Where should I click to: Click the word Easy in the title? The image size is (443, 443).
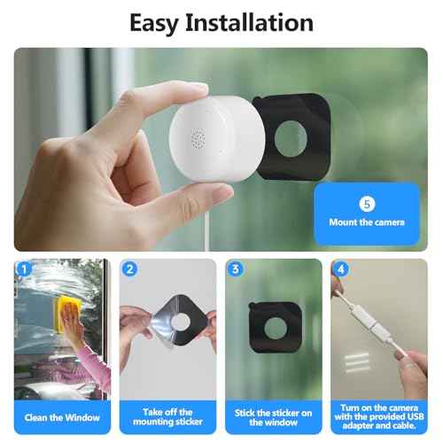pos(154,24)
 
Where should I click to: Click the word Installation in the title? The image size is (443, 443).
pos(249,22)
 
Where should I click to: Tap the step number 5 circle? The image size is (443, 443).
pos(367,204)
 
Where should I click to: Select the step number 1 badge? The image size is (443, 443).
pos(24,269)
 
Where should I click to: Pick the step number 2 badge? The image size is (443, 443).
pos(130,269)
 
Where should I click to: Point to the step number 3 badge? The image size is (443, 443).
pos(236,269)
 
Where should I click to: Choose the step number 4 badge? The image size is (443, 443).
pos(341,269)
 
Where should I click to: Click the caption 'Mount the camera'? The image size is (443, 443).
pos(367,222)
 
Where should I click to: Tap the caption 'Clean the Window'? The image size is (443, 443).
pos(62,417)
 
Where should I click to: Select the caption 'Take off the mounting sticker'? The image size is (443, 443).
pos(167,416)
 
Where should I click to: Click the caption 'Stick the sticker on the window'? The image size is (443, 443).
pos(273,417)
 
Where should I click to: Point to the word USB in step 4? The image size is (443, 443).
pos(414,416)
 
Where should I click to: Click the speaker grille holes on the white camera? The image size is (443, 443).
pos(198,138)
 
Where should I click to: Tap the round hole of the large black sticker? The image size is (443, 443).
pos(291,139)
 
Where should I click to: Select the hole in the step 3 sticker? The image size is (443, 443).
pos(276,328)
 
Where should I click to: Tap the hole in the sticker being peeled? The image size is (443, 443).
pos(181,322)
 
